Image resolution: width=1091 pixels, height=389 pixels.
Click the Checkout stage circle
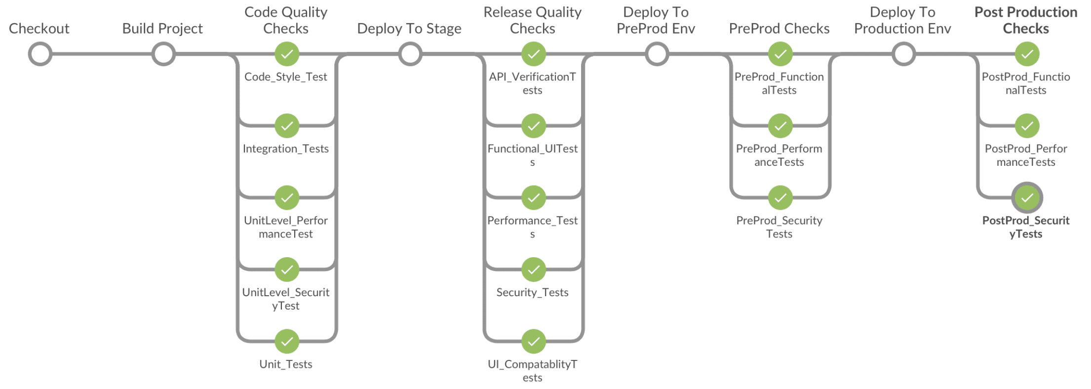pos(40,54)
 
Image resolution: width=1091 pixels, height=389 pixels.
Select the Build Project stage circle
pos(163,54)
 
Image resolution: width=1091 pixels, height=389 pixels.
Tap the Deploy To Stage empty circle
pos(410,54)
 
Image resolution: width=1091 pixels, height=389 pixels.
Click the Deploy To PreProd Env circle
pos(657,54)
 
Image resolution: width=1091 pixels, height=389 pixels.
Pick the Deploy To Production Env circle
pos(904,54)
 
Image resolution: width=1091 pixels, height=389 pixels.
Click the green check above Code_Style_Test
pos(287,54)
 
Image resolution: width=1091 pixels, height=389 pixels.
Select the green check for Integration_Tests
pos(287,126)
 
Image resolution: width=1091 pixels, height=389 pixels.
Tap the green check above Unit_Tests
pos(287,341)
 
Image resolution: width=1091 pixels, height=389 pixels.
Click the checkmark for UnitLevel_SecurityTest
pos(287,270)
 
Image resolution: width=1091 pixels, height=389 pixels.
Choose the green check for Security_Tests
pos(534,270)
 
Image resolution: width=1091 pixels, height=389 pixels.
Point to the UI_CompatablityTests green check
pos(534,341)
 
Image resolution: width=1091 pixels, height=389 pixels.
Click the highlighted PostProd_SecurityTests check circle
pos(1027,198)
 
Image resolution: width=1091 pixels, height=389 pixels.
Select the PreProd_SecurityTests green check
pos(780,198)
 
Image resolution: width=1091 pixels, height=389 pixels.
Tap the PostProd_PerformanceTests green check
pos(1027,126)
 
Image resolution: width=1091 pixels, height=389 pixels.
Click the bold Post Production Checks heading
pos(1026,20)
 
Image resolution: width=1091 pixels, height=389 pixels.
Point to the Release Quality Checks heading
pos(532,20)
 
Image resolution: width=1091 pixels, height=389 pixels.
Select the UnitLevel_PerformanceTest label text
pos(286,227)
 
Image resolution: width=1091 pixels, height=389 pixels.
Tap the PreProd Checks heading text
pos(779,29)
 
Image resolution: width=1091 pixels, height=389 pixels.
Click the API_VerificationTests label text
pos(532,83)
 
